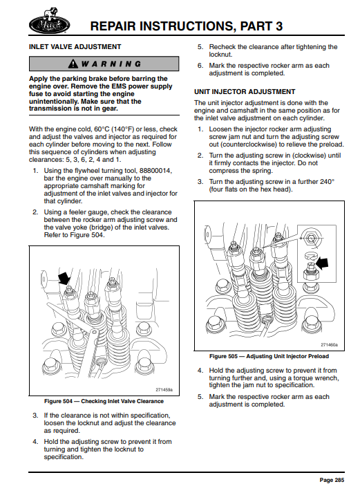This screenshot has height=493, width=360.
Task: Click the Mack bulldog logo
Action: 49,21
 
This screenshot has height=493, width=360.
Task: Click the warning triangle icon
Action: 73,64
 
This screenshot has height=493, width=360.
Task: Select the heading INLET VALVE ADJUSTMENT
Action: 75,47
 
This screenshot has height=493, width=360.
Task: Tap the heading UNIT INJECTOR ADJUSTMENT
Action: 245,92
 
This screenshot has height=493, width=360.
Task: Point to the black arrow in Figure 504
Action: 64,278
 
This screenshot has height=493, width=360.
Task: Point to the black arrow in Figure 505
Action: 322,263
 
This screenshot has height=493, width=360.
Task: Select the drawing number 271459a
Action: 164,389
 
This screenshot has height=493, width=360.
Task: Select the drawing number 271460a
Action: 329,344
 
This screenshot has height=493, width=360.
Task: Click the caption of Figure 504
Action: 104,401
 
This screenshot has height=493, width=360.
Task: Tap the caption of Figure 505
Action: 269,356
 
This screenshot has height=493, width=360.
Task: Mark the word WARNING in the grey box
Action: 111,64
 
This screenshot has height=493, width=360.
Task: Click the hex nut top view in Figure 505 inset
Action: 310,238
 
